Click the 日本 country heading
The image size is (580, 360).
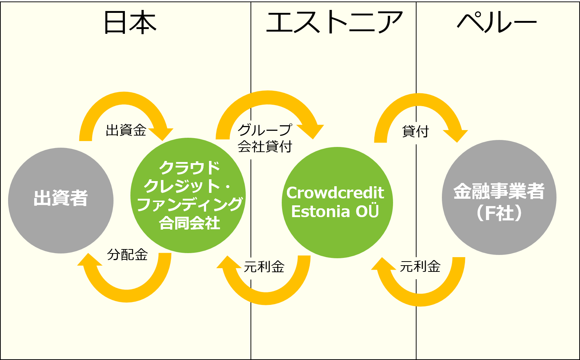coord(130,22)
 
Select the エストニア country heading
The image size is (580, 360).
coord(334,22)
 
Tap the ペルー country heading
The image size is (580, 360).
coord(497,22)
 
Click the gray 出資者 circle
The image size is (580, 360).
coord(61,201)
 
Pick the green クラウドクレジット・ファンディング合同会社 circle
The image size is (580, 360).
coord(188,195)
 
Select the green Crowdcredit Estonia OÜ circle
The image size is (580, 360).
coord(337,202)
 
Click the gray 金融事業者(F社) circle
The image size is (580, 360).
coord(499,197)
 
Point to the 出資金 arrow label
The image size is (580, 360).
coord(126,130)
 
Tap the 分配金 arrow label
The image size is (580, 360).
coord(127,255)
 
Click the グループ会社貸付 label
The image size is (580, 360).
coord(265,138)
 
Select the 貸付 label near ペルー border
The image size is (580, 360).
coord(415,131)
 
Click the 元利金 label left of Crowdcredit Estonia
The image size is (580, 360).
coord(264,266)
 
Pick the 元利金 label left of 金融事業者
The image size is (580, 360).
coord(420,266)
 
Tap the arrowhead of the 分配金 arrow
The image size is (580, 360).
coord(89,260)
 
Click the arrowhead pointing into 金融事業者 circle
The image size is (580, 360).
coord(456,136)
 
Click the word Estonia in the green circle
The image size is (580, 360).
coord(321,212)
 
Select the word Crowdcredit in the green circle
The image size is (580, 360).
coord(335,193)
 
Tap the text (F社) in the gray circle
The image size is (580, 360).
coord(499,213)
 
